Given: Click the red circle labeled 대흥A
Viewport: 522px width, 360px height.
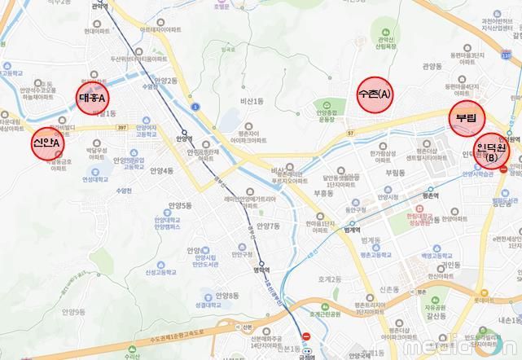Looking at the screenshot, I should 93,98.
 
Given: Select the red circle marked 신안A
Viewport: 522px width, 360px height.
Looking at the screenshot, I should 46,143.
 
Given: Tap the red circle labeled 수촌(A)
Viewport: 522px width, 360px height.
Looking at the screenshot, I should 375,94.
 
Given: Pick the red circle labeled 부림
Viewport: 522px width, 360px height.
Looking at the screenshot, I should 467,117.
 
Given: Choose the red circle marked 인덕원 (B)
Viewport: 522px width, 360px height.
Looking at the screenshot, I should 491,151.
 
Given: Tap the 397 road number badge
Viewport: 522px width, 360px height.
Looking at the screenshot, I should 123,127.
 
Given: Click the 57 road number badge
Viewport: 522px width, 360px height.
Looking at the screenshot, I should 349,132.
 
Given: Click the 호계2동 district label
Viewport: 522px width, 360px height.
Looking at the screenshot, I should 330,279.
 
